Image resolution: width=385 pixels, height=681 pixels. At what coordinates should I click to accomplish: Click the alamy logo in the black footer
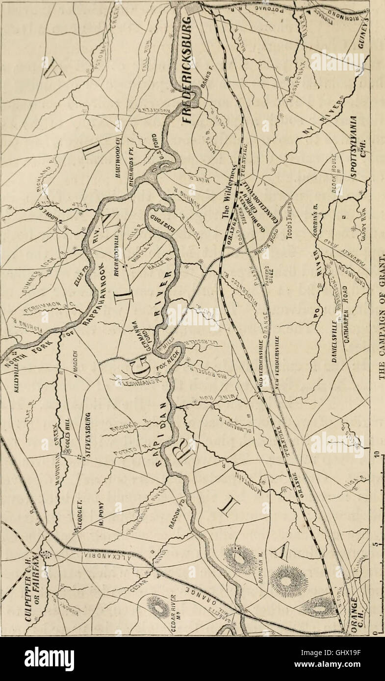click(x=50, y=659)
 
